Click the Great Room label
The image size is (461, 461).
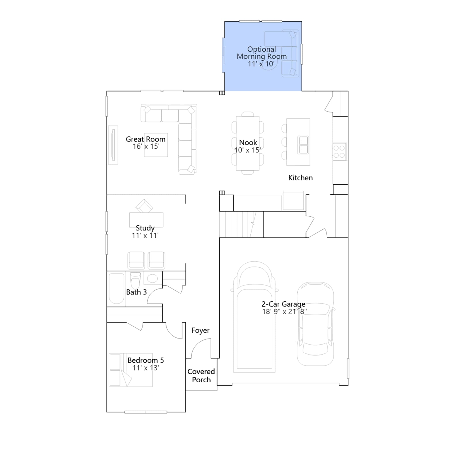point(146,139)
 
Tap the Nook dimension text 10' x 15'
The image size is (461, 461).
point(248,150)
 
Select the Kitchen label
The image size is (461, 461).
point(301,178)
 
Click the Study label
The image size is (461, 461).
point(145,228)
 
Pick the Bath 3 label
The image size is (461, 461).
point(137,292)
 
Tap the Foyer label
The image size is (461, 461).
point(201,330)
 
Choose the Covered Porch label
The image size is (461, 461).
point(201,376)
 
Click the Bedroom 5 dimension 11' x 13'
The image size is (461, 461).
point(146,368)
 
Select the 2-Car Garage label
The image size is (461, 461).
point(284,304)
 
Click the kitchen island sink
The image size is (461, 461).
point(303,145)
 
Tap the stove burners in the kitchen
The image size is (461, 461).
point(339,152)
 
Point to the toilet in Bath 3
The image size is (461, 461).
point(135,280)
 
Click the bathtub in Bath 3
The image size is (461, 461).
point(117,289)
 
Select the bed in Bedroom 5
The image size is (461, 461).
point(131,370)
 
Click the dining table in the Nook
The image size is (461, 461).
point(248,143)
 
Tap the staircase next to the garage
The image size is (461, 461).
point(241,224)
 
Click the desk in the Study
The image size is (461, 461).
point(146,220)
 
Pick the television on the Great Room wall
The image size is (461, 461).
point(113,145)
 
